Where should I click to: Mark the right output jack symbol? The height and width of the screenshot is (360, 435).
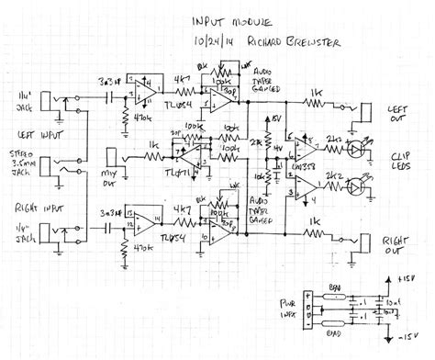click(364, 244)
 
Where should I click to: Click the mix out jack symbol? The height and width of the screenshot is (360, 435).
click(111, 160)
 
